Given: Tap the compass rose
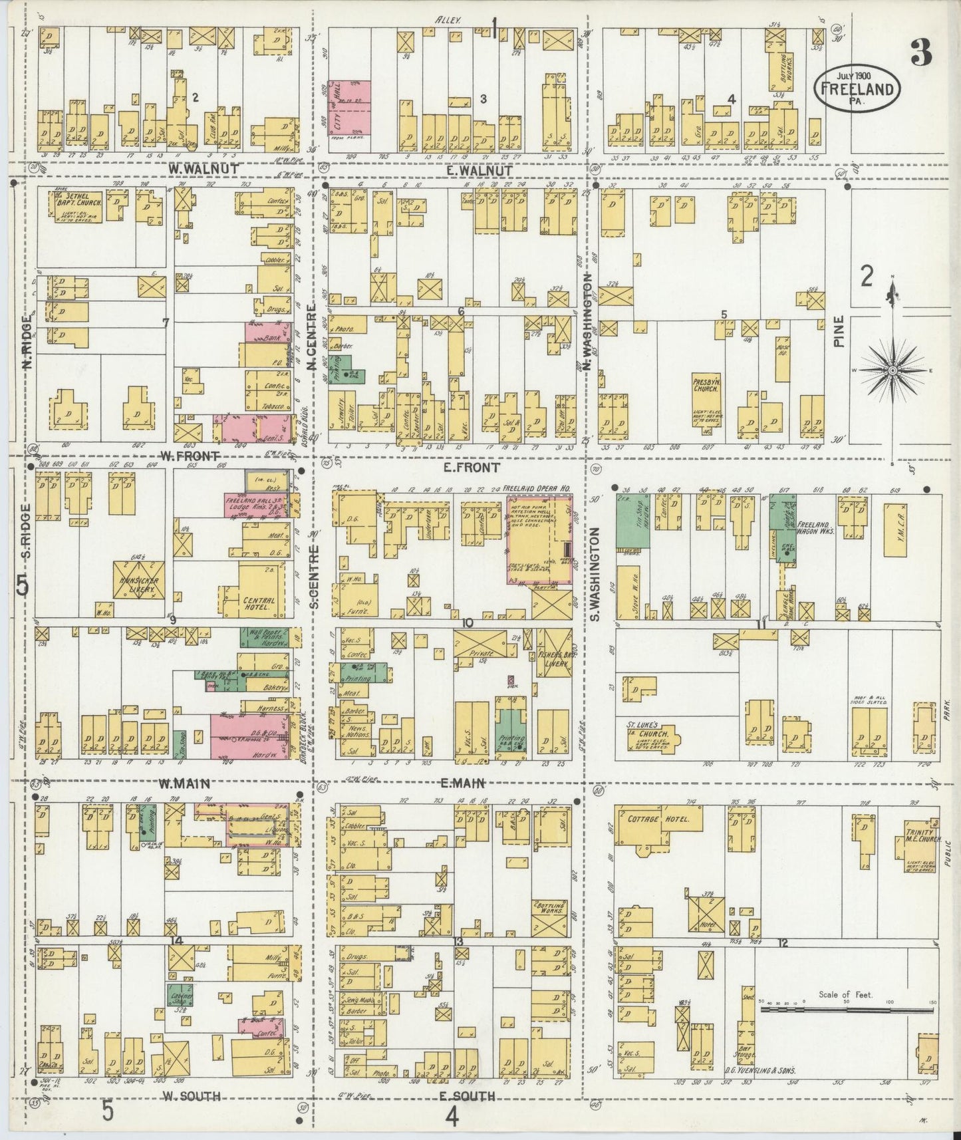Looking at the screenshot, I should click(x=891, y=370).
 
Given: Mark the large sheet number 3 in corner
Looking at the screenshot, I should click(x=920, y=52).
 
